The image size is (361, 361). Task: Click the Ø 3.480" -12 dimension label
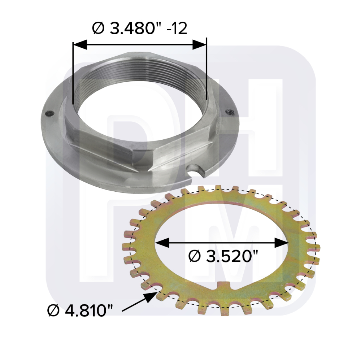click(x=139, y=28)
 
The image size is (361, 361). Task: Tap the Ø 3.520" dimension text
click(x=223, y=256)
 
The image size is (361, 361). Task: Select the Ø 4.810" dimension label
click(x=80, y=310)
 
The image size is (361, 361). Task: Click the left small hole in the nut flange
click(x=49, y=113)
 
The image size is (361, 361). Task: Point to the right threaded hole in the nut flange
click(x=229, y=112)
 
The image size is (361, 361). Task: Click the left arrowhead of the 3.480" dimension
click(x=80, y=44)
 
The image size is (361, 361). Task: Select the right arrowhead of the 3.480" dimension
click(x=199, y=44)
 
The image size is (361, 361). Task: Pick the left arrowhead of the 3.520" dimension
click(x=162, y=243)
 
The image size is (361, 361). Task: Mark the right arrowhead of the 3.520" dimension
click(x=282, y=243)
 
